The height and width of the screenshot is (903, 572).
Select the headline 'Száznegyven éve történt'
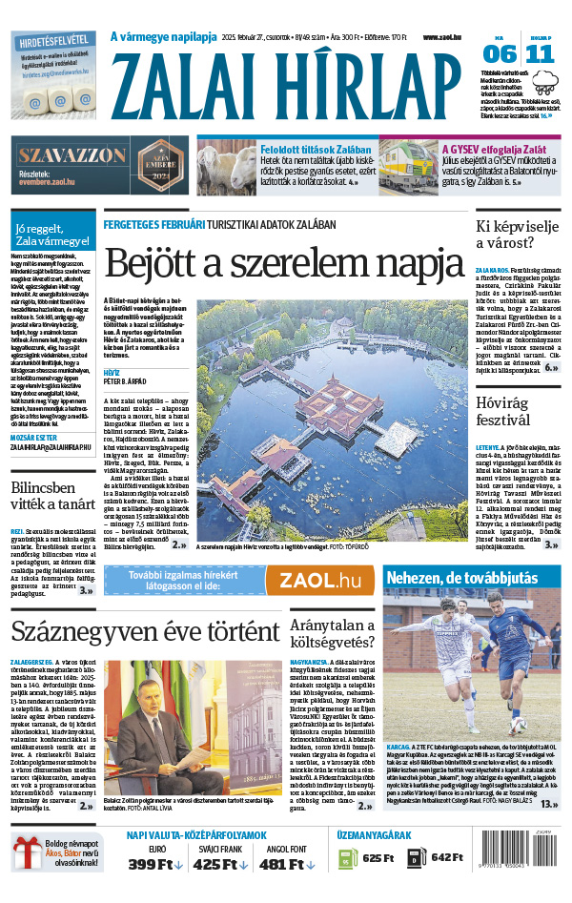pos(145,630)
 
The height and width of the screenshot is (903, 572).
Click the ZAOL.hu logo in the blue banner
pos(325,581)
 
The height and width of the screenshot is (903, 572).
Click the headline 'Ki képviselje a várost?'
pos(516,236)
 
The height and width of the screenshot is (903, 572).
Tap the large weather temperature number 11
pos(539,53)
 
